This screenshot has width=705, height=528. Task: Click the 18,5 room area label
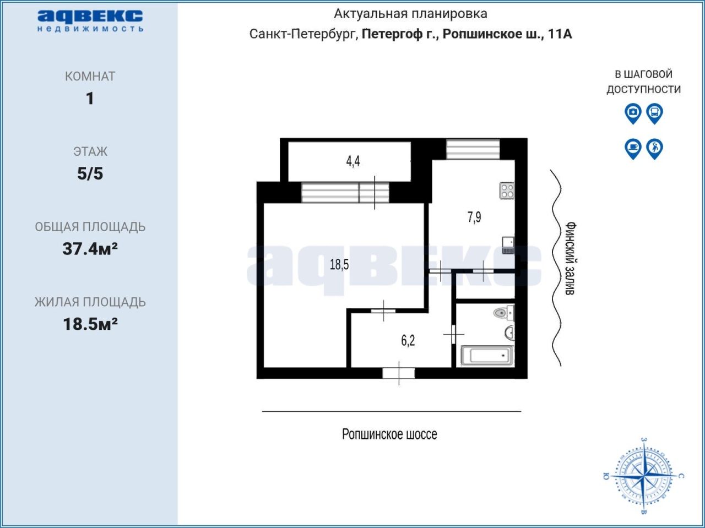[339, 265]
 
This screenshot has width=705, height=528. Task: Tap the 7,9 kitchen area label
[474, 217]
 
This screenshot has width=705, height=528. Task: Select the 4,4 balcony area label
[353, 161]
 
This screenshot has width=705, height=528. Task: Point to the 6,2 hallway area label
[408, 341]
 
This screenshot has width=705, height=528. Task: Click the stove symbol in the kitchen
[507, 190]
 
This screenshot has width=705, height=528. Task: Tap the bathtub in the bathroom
[487, 355]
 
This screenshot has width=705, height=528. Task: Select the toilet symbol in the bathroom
[503, 313]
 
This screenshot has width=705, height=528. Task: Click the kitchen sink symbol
[508, 245]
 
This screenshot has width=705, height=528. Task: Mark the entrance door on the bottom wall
[399, 373]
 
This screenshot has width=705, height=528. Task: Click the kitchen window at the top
[473, 149]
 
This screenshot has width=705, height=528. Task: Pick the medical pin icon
[633, 113]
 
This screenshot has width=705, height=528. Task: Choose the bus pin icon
[654, 113]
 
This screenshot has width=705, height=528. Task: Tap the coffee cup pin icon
[633, 149]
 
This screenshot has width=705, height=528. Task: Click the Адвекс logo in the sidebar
[90, 21]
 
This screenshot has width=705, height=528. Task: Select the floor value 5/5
[90, 173]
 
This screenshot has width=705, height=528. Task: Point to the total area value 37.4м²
[90, 248]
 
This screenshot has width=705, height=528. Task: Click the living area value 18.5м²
[90, 324]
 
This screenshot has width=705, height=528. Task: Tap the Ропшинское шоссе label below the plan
[389, 434]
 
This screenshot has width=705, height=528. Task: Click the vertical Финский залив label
[570, 258]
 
